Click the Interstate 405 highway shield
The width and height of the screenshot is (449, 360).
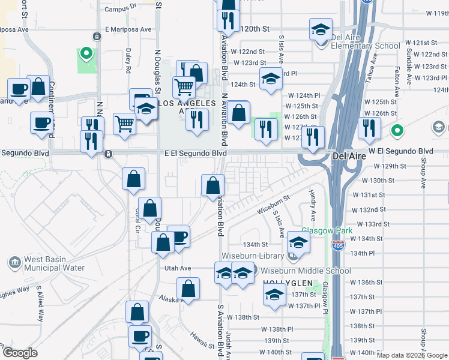click(x=337, y=245)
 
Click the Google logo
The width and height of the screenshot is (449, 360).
click(x=20, y=352)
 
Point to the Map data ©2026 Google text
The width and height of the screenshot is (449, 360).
click(x=412, y=355)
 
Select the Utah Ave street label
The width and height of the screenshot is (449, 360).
click(x=178, y=268)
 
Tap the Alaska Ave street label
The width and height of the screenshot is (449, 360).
click(x=171, y=298)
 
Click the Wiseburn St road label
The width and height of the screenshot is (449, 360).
click(x=273, y=203)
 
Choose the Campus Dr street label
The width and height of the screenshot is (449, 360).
click(x=121, y=9)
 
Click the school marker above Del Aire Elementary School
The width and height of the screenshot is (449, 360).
click(x=321, y=29)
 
